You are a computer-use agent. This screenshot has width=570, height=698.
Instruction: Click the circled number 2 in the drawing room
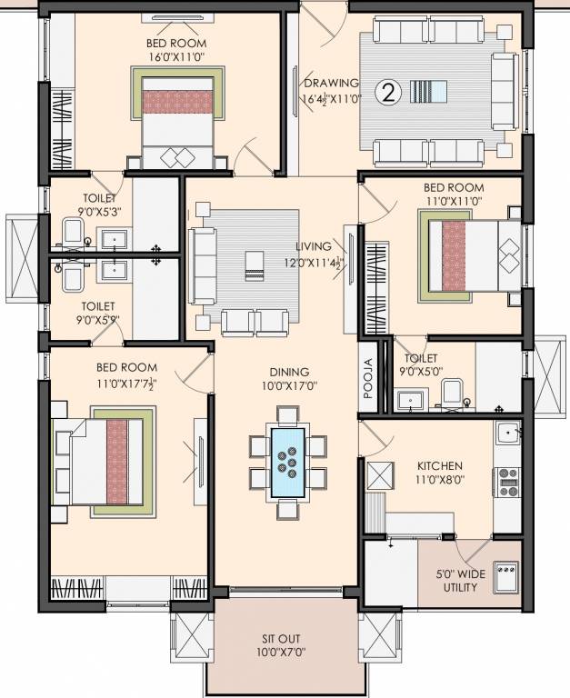coord(389,92)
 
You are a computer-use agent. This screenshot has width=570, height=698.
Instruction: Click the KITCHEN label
coord(441,464)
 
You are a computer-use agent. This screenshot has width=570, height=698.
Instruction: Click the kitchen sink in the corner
coord(507,433)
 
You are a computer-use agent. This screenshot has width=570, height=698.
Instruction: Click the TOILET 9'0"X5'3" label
coord(99,204)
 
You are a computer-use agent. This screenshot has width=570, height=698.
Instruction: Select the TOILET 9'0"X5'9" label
coord(100,313)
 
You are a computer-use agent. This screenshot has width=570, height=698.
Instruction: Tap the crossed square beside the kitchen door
coord(379,474)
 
